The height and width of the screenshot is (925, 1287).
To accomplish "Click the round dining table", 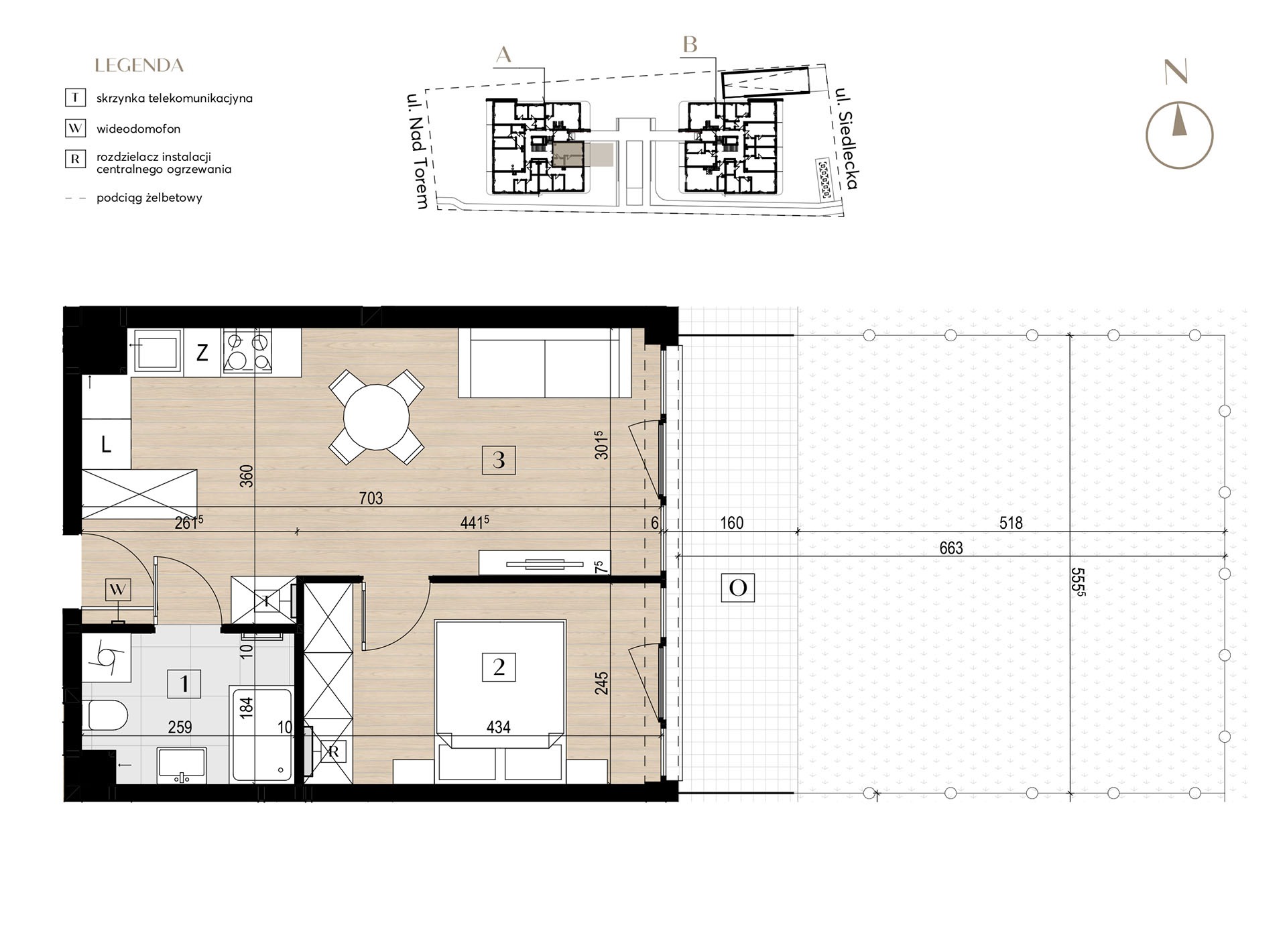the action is (376, 417).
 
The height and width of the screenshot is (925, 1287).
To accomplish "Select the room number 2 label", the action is (499, 668).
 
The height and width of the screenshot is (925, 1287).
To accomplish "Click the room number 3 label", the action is (499, 460).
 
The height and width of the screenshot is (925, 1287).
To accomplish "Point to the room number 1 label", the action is (184, 684).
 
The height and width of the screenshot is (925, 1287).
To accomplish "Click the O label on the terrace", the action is (737, 588).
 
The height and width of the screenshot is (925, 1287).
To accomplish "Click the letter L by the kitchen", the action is (106, 444).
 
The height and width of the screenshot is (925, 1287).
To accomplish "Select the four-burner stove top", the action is (247, 351).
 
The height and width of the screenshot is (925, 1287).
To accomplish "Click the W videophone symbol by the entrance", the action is (118, 590).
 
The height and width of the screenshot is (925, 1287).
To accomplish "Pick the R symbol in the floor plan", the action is (334, 752).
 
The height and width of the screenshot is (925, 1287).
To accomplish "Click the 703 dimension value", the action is (371, 498).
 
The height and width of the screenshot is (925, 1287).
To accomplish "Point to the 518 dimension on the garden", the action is (1011, 523).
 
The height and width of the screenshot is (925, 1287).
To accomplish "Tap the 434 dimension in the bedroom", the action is (499, 727).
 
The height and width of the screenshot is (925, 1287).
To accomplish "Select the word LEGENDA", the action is (139, 66).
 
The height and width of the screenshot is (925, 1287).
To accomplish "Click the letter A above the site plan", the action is (503, 55).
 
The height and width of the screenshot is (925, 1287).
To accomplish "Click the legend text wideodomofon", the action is (138, 129).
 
